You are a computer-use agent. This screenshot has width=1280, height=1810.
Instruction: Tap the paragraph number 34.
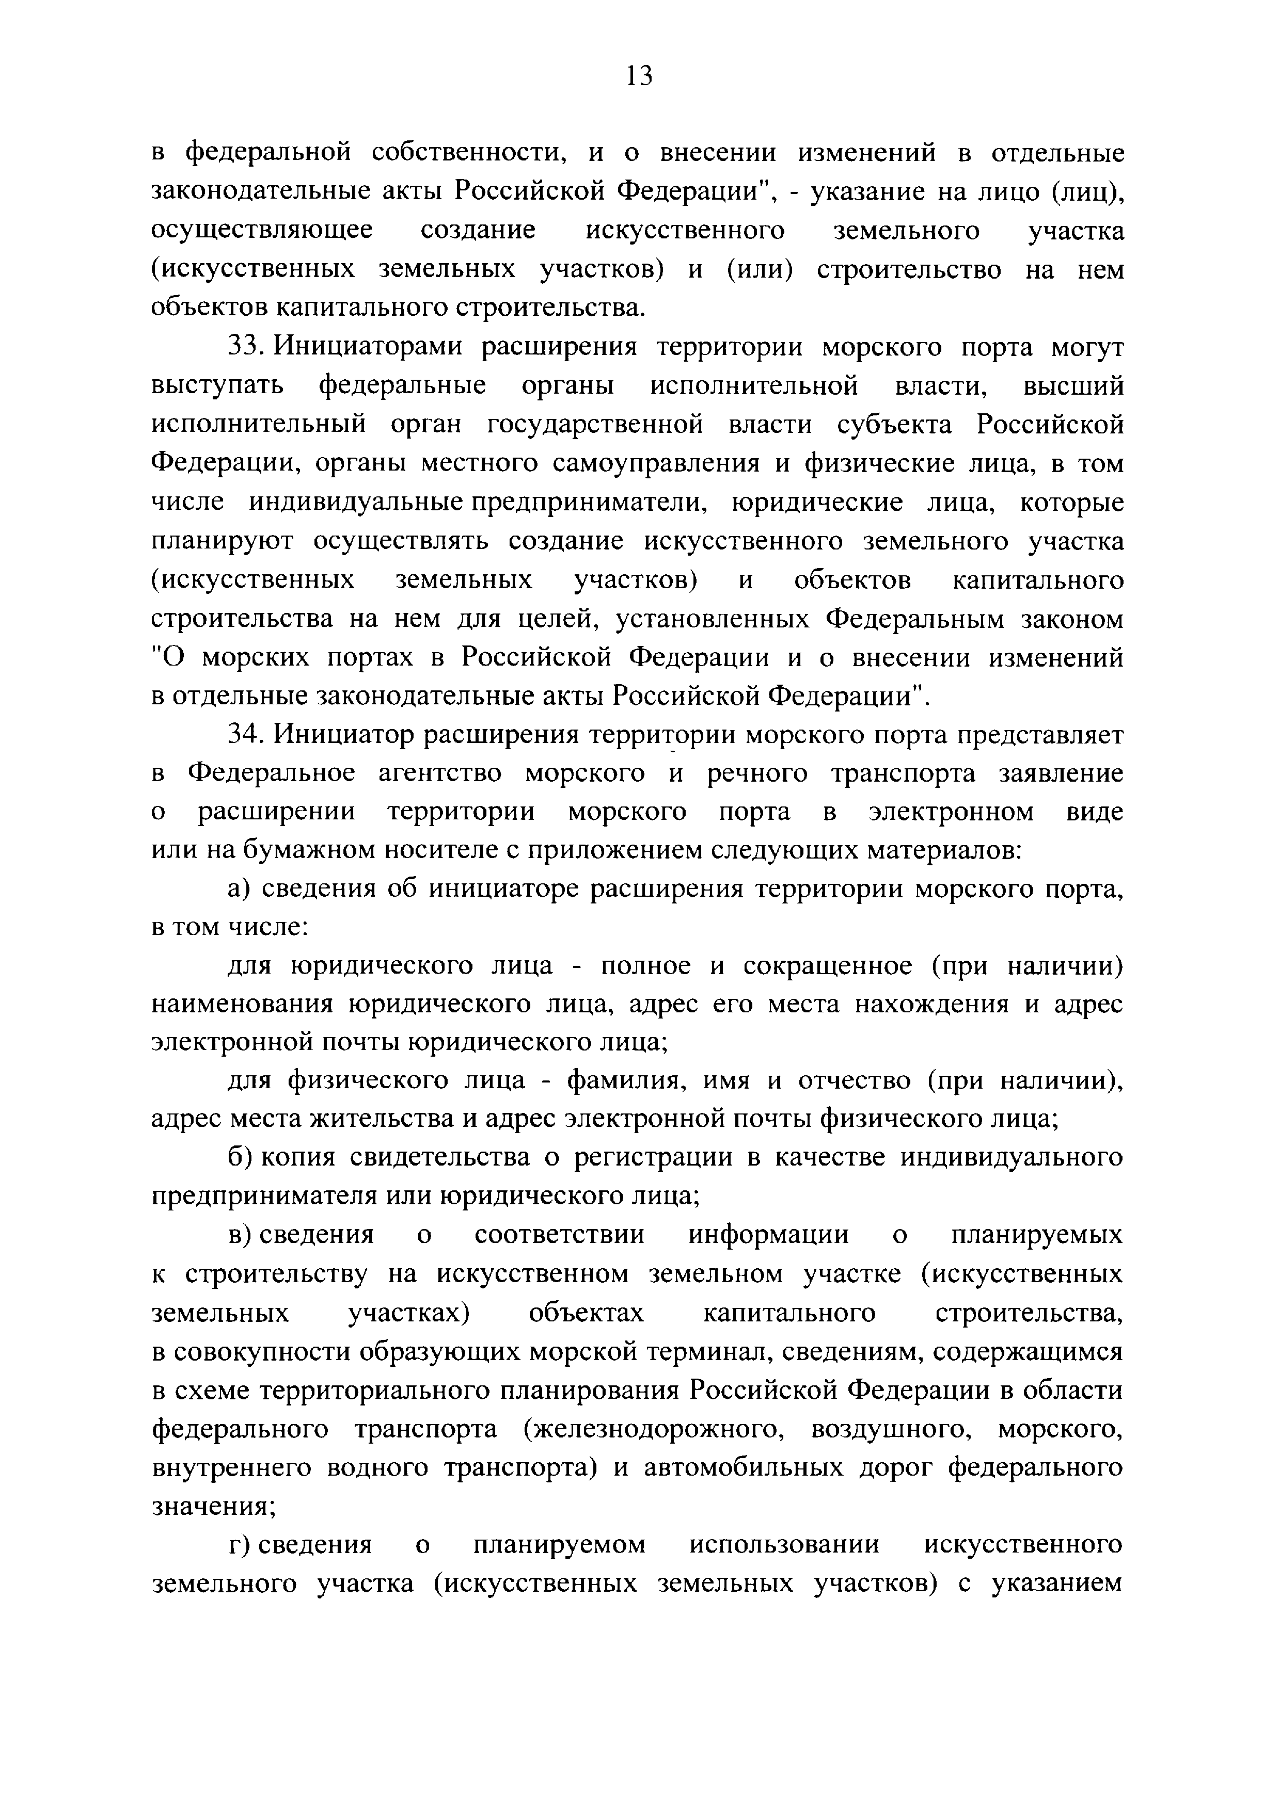(x=244, y=734)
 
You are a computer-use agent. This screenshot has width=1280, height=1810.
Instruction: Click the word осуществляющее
(x=262, y=231)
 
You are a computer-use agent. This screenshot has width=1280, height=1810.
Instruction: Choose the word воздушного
(x=891, y=1429)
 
